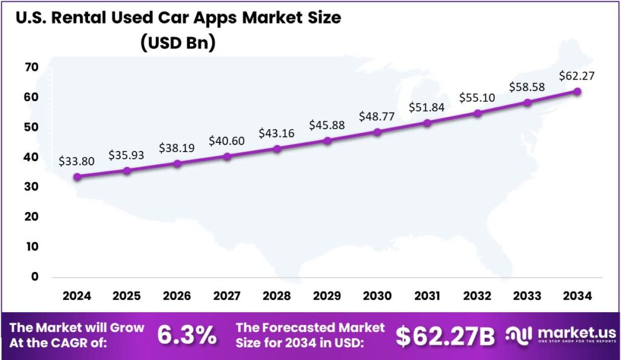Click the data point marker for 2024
[77, 177]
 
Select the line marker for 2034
[577, 92]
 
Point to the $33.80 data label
[76, 161]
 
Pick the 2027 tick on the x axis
[227, 296]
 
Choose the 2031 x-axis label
[427, 296]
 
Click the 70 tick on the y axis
[32, 67]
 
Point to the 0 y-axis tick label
[35, 276]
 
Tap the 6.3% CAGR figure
[187, 335]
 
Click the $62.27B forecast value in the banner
[445, 336]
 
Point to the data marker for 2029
[327, 141]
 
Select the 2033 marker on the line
[528, 102]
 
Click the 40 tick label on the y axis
[32, 157]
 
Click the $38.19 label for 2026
[176, 147]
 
